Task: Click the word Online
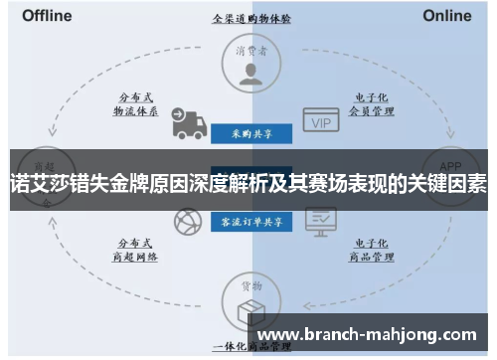[446, 16]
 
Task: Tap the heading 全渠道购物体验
[248, 18]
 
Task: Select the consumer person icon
[248, 72]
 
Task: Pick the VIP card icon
[320, 122]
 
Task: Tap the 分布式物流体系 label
[135, 105]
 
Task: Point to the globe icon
[187, 223]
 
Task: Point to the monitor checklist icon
[320, 219]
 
